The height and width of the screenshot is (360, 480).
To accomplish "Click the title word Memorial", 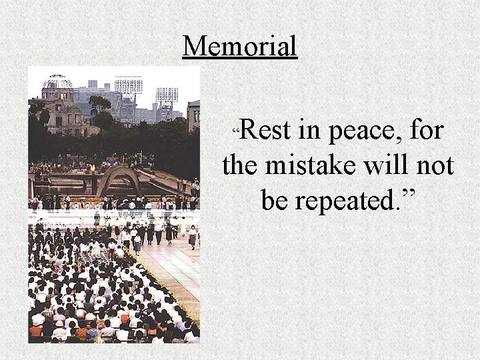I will [x=240, y=46].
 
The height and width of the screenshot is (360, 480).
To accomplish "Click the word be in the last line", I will [x=275, y=199].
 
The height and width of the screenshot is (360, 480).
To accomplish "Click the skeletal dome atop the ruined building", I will [x=57, y=83].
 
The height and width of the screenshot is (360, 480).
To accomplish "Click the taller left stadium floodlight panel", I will [x=128, y=85].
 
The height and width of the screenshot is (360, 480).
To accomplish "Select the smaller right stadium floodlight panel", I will [x=167, y=94].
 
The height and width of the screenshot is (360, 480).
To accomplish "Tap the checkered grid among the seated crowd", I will [x=94, y=257].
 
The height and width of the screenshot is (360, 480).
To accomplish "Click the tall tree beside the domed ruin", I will [x=100, y=110].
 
